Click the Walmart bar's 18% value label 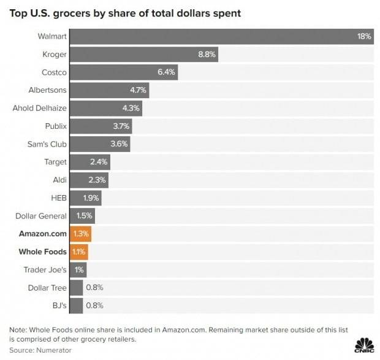[364, 36]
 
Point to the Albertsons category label [47, 90]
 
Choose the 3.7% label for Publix [120, 126]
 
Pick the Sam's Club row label [47, 144]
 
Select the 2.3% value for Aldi [97, 180]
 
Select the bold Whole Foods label [42, 251]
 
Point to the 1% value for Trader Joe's [80, 270]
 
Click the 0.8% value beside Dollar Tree [95, 288]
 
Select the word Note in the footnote [18, 329]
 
